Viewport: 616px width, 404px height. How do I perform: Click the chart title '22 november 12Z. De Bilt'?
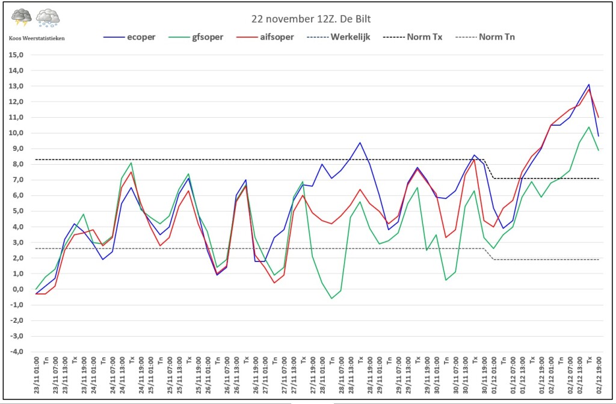(x=311, y=19)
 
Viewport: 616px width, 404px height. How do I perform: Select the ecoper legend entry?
(x=129, y=37)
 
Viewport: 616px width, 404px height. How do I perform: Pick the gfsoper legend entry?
(x=196, y=37)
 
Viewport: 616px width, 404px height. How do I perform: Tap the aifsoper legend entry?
(x=265, y=37)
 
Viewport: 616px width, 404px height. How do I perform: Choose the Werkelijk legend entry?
(x=338, y=37)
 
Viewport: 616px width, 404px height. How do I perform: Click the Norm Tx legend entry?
(x=413, y=37)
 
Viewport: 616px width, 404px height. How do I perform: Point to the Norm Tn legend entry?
(x=485, y=37)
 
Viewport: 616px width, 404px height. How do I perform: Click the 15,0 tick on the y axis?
(x=16, y=55)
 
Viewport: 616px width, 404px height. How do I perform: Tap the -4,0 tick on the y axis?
(x=16, y=352)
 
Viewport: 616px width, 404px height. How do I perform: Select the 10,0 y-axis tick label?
(x=16, y=133)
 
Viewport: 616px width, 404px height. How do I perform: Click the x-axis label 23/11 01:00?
(x=37, y=375)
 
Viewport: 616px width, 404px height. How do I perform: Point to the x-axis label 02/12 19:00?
(x=599, y=375)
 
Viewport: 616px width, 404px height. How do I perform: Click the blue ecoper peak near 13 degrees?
(x=589, y=84)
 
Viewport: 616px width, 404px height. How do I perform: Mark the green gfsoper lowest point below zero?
(x=331, y=298)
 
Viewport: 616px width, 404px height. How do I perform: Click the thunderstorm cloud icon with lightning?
(x=21, y=17)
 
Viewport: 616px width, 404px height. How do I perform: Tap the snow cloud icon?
(x=48, y=18)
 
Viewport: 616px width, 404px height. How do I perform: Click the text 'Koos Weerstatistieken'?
(x=37, y=38)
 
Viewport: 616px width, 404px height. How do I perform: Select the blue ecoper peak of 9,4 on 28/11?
(x=360, y=143)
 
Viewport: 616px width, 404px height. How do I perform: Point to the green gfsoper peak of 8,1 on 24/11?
(x=131, y=163)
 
